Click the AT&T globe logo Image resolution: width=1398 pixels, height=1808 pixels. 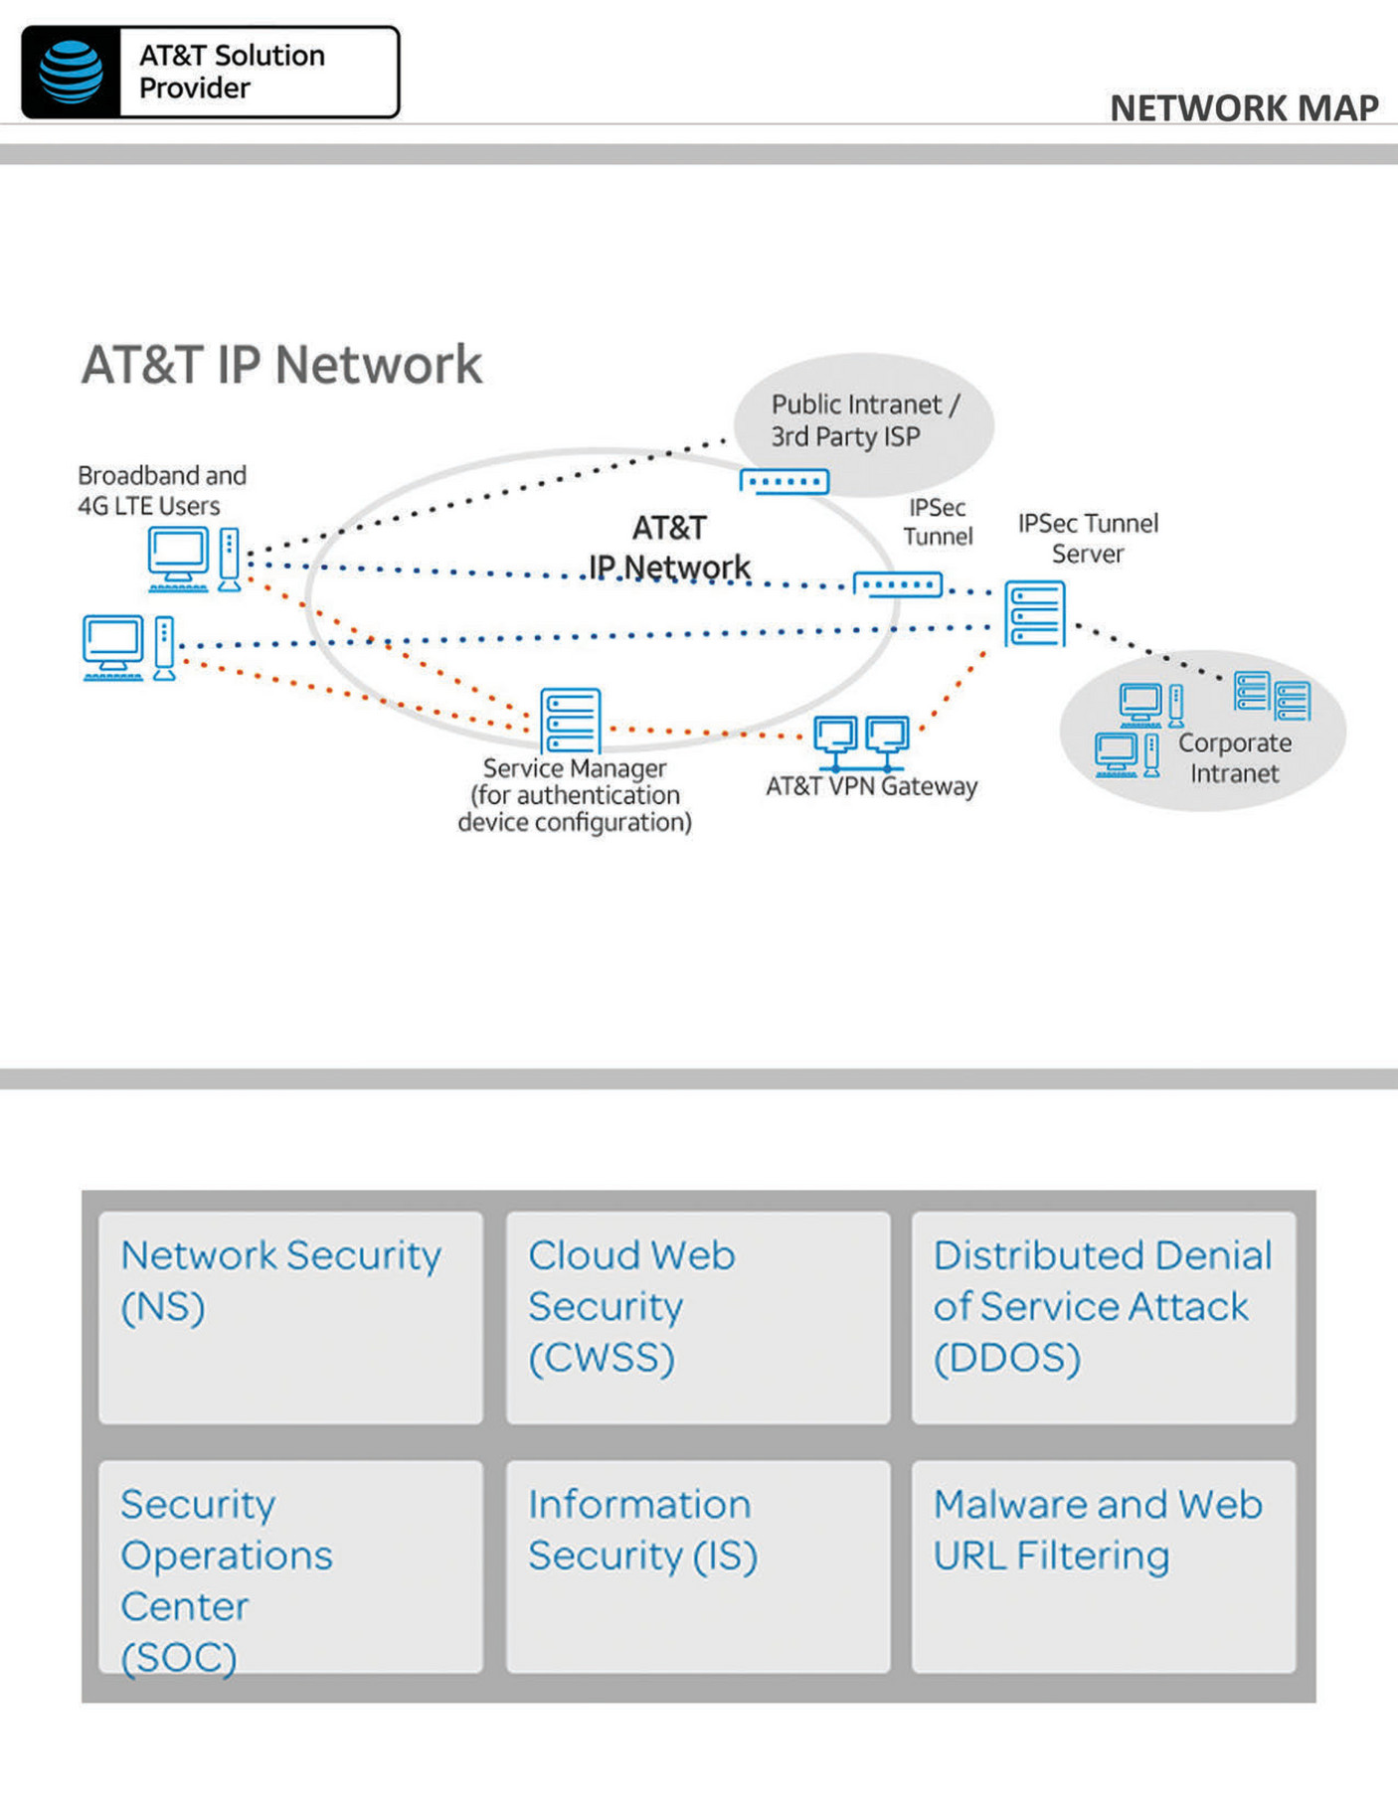click(x=71, y=73)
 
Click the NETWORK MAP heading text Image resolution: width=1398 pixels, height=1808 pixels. click(x=1243, y=107)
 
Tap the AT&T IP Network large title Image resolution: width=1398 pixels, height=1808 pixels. click(x=281, y=364)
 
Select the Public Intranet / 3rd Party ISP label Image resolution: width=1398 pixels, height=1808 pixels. click(x=863, y=420)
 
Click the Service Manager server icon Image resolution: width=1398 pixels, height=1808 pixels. click(x=571, y=721)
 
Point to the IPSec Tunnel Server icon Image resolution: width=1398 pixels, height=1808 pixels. click(x=1034, y=614)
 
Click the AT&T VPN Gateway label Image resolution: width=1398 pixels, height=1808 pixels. click(x=871, y=786)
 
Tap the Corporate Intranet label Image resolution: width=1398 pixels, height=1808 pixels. click(x=1234, y=758)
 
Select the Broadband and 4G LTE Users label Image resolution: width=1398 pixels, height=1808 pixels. click(x=161, y=490)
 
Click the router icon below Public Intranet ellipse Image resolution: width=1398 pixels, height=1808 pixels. click(x=785, y=482)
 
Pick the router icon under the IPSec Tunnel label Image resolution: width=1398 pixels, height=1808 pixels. click(x=898, y=584)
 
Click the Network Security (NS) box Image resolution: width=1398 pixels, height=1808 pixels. click(x=290, y=1317)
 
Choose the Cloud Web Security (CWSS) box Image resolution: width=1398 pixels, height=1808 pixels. click(x=697, y=1317)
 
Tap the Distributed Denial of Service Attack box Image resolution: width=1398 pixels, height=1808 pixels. click(x=1104, y=1317)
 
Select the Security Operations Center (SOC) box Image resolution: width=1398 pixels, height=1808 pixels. click(x=290, y=1565)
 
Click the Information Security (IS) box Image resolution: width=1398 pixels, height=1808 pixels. click(x=697, y=1565)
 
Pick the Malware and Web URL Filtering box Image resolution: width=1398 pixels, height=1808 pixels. click(x=1104, y=1565)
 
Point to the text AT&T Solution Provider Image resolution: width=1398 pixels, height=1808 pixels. click(x=232, y=72)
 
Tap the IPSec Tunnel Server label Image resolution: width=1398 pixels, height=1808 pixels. click(x=1088, y=538)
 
